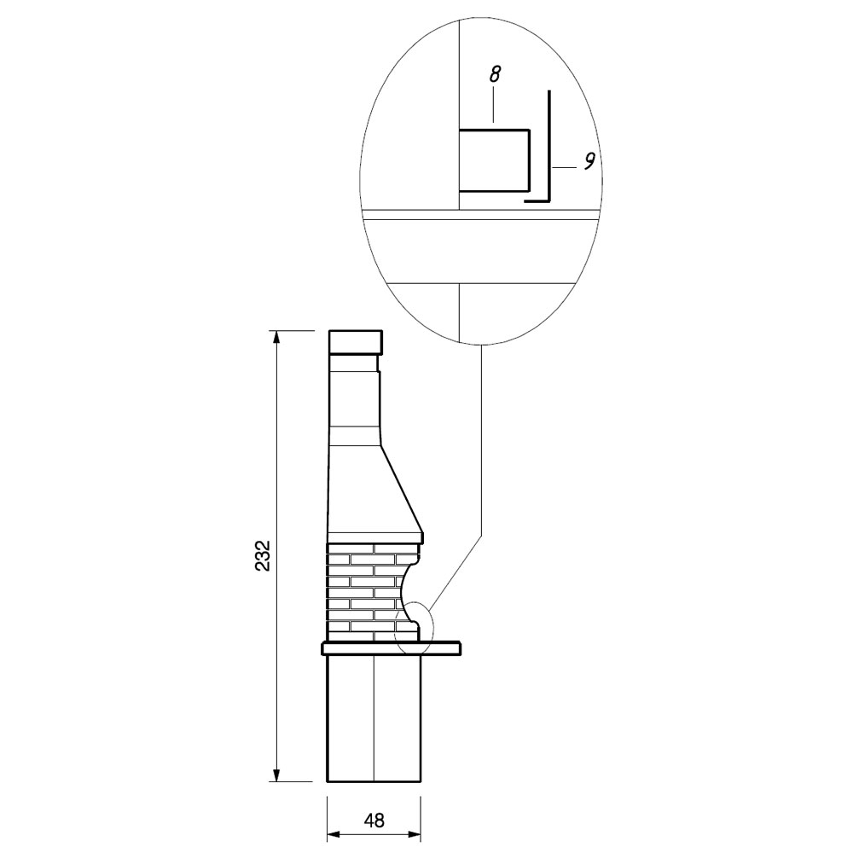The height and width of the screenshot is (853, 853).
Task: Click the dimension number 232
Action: pos(264,555)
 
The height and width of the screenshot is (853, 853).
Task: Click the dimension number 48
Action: pos(374,821)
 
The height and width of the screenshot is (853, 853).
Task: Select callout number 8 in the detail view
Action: pos(494,74)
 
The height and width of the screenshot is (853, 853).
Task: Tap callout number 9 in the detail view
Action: pos(589,160)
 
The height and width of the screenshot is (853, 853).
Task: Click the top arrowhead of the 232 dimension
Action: pos(277,337)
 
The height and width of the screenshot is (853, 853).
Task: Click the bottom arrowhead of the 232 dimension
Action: pos(277,775)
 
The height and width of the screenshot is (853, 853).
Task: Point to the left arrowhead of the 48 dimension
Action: pos(334,834)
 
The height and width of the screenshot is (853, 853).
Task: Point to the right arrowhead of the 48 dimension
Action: pos(414,834)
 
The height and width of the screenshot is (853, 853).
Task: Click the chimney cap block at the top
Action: pos(355,342)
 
